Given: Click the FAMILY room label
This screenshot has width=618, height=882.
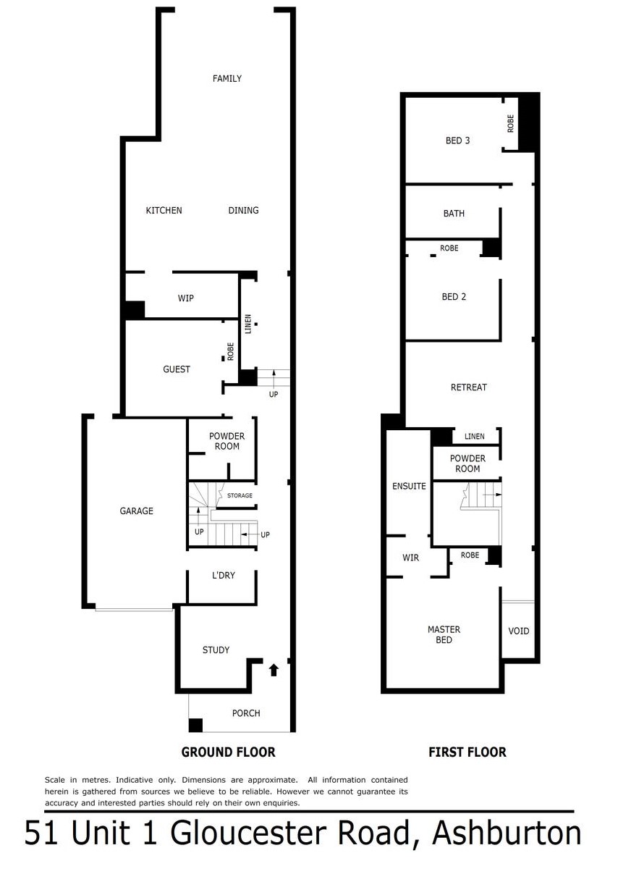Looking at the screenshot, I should click(x=227, y=78).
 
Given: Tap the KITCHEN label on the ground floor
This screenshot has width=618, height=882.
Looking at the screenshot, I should click(x=164, y=211).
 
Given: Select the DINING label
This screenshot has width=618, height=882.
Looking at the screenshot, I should click(x=243, y=211).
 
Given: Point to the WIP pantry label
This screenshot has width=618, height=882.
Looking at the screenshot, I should click(x=186, y=298).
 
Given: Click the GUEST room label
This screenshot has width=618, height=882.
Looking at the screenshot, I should click(x=177, y=369).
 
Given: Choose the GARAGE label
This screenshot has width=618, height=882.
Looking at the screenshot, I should click(x=136, y=511).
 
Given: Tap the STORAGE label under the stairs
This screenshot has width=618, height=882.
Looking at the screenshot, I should click(x=240, y=496).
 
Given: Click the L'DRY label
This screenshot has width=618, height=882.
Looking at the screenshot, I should click(x=223, y=576).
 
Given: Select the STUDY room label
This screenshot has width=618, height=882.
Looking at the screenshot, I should click(x=216, y=650).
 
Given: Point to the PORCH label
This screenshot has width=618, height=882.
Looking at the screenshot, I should click(x=246, y=713).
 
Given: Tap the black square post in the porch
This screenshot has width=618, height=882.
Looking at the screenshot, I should click(x=195, y=725).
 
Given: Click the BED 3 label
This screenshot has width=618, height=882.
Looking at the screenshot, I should click(x=457, y=140).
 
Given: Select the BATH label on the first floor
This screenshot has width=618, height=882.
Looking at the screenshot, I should click(x=454, y=214).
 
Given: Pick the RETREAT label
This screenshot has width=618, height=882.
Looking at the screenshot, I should click(x=469, y=387).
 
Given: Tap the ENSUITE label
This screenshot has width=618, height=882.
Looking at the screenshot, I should click(x=409, y=486).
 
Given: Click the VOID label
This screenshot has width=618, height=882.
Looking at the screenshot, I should click(x=519, y=631).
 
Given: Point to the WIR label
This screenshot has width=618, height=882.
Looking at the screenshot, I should click(x=411, y=558).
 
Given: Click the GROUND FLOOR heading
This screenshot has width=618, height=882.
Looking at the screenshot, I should click(x=228, y=752).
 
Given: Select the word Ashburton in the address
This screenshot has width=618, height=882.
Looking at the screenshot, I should click(x=507, y=833).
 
